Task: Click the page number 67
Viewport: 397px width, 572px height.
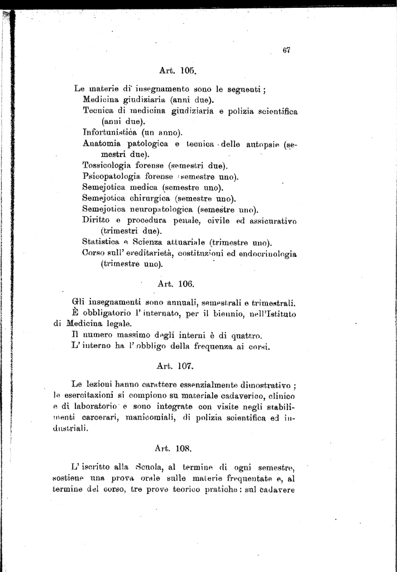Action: [x=286, y=50]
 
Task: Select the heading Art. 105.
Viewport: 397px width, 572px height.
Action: [x=176, y=71]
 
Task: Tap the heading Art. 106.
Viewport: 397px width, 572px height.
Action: [x=176, y=284]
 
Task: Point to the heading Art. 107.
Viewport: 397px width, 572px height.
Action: [x=175, y=366]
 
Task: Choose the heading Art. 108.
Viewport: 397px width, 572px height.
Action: [x=175, y=447]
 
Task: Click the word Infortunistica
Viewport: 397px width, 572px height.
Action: [x=109, y=132]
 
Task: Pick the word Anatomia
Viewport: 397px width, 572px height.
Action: [x=102, y=144]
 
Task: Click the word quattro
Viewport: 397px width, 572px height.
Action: [x=246, y=335]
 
